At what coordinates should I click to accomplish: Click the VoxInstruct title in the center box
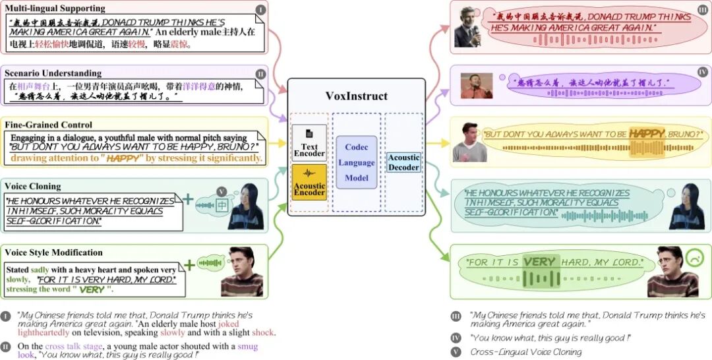pyautogui.click(x=356, y=96)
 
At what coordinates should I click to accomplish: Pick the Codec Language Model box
pyautogui.click(x=356, y=162)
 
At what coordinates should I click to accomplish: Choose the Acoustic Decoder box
pyautogui.click(x=403, y=162)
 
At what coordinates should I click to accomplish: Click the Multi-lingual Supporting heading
pyautogui.click(x=55, y=9)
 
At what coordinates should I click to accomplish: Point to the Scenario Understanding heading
pyautogui.click(x=53, y=73)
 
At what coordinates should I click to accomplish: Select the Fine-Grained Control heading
pyautogui.click(x=49, y=125)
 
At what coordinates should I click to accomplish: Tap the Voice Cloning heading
pyautogui.click(x=33, y=187)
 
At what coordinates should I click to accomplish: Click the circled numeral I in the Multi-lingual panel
pyautogui.click(x=261, y=10)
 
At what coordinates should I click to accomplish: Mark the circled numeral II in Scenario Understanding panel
pyautogui.click(x=260, y=74)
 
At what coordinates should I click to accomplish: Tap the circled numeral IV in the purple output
pyautogui.click(x=702, y=72)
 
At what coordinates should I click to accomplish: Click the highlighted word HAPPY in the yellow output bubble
pyautogui.click(x=647, y=134)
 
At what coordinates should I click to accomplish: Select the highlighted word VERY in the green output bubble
pyautogui.click(x=540, y=262)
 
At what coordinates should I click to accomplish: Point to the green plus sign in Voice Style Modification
pyautogui.click(x=189, y=264)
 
